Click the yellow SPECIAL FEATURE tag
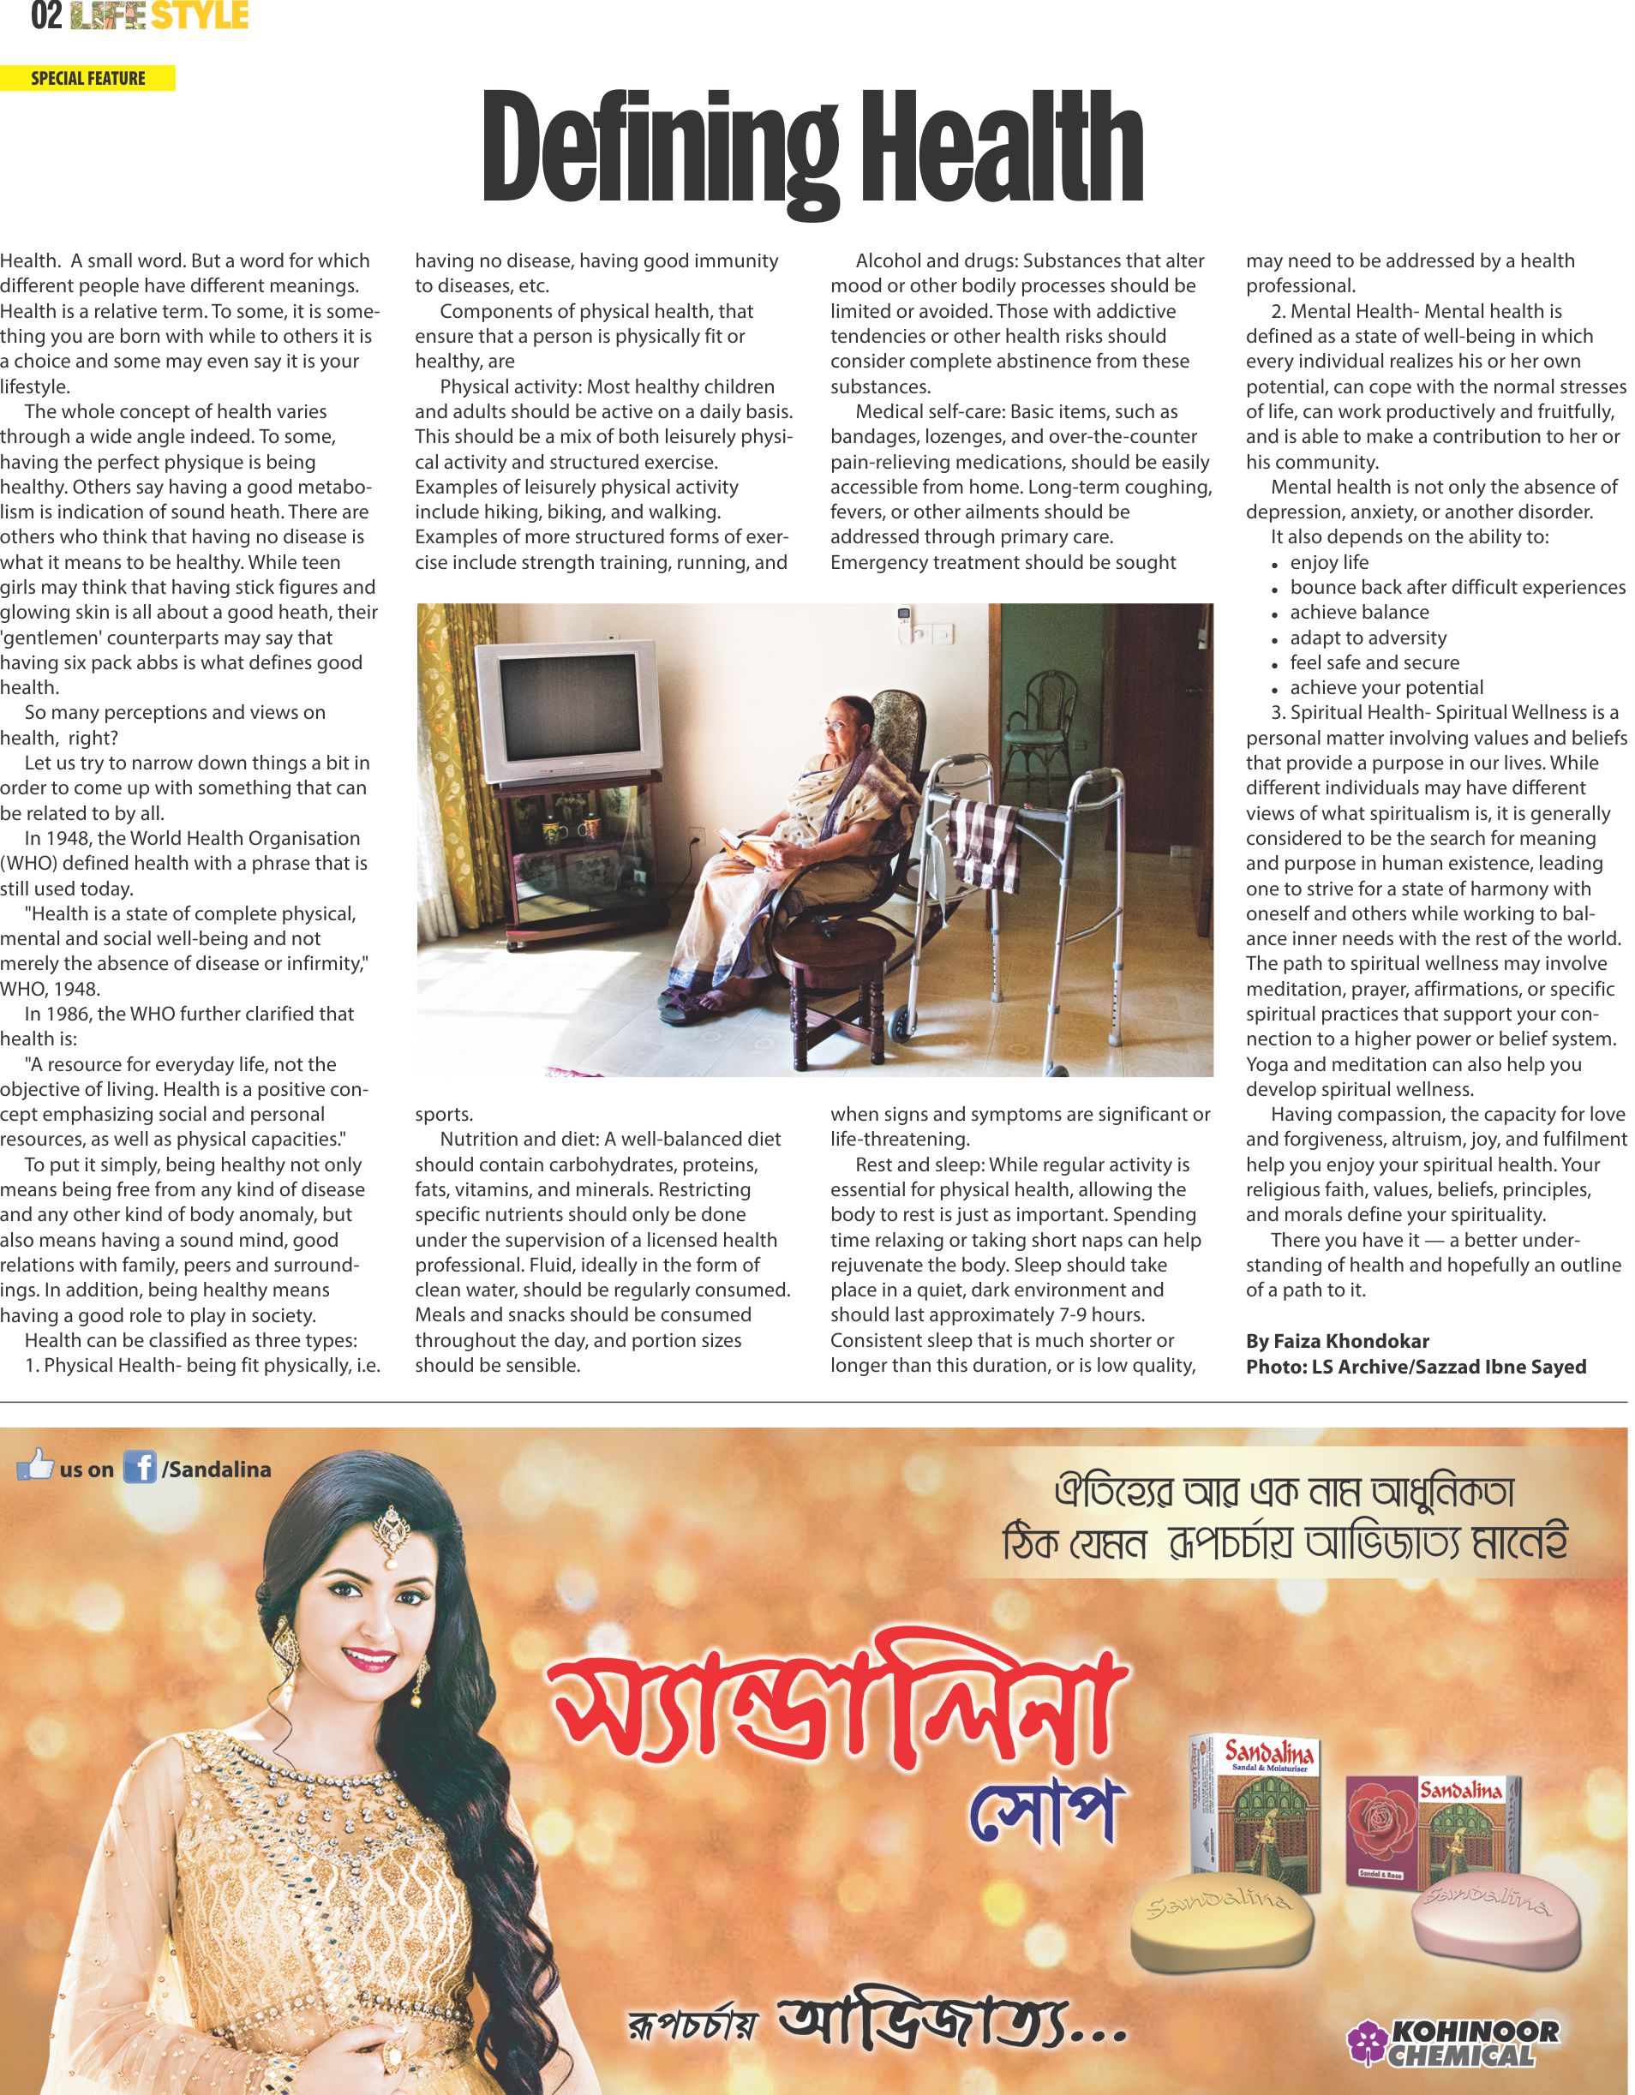tap(87, 79)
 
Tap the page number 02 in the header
tap(46, 16)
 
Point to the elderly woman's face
tap(840, 725)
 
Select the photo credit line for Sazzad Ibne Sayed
tap(1416, 1366)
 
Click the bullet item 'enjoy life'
tap(1329, 562)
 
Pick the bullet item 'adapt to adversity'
tap(1368, 637)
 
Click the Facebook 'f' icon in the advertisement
tap(139, 1469)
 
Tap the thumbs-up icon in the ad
tap(35, 1464)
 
